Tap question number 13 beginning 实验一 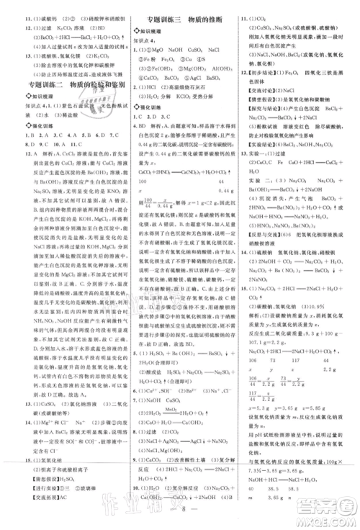pos(245,153)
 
